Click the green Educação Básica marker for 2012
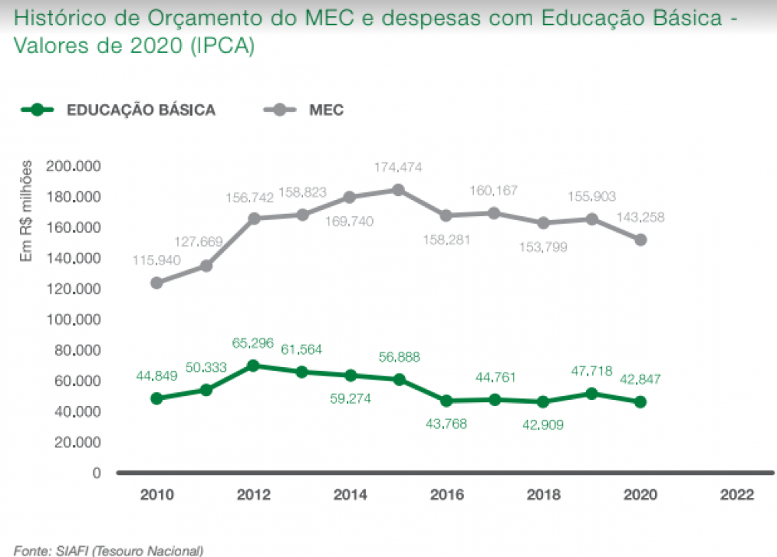point(253,366)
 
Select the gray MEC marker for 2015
point(398,190)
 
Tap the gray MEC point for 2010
point(156,282)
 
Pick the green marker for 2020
point(640,402)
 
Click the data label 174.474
point(398,166)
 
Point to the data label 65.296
point(253,342)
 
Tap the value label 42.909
point(543,425)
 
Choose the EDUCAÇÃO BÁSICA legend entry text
point(141,110)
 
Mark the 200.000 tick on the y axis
point(74,166)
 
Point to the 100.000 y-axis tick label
point(74,320)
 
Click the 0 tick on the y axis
point(96,473)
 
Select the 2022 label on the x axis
point(737,495)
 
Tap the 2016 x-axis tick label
point(446,495)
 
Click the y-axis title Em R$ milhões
point(26,210)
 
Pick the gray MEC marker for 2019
point(591,219)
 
